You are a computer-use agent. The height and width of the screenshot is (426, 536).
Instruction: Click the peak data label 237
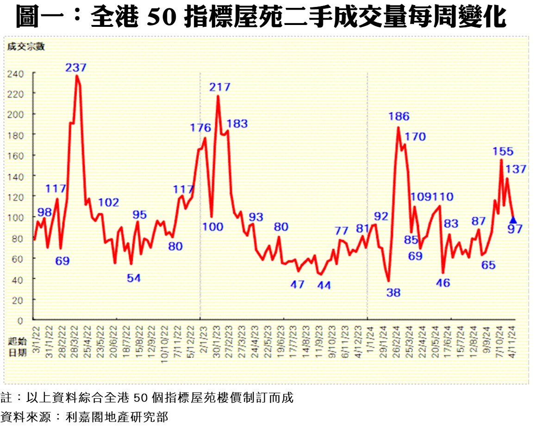(x=76, y=68)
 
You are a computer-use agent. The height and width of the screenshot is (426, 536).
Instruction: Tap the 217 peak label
(x=219, y=87)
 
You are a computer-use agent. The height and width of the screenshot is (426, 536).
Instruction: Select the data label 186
(x=399, y=116)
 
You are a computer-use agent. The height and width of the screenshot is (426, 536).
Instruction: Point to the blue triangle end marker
(x=513, y=220)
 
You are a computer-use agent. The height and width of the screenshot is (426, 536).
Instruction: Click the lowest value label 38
(x=393, y=293)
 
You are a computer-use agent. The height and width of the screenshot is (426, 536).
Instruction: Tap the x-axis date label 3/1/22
(x=35, y=337)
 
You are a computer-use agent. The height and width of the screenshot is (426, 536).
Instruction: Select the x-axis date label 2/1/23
(x=202, y=337)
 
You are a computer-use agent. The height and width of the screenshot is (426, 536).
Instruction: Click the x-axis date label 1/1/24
(x=368, y=337)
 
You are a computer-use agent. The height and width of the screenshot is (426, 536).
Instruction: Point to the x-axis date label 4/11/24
(x=512, y=339)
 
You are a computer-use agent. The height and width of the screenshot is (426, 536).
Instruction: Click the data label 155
(x=503, y=151)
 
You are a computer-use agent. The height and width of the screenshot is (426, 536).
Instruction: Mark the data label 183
(x=237, y=124)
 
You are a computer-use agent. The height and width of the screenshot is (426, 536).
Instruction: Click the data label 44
(x=324, y=285)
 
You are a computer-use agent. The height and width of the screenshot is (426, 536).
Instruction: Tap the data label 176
(x=200, y=128)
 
